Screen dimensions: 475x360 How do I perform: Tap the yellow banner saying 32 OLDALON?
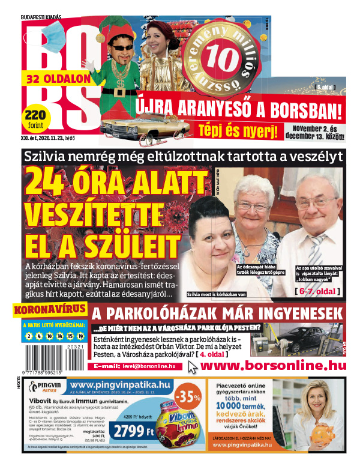point(58,78)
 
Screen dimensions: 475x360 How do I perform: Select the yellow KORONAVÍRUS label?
point(48,311)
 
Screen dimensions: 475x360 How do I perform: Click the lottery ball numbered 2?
point(28,336)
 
